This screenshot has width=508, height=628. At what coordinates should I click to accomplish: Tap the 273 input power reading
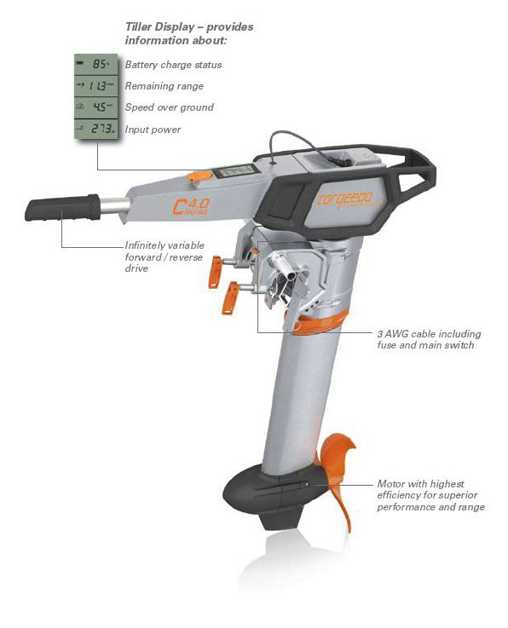[102, 129]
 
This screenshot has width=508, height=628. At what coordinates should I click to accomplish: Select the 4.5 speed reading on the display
[101, 107]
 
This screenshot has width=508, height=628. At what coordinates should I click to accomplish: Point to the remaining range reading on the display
[97, 86]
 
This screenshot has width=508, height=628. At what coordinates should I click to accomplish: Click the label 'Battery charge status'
[173, 65]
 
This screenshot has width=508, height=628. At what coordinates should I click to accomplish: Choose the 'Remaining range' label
[164, 86]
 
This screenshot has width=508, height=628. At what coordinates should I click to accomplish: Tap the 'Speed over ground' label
[169, 107]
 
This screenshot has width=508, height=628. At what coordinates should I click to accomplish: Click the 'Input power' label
[153, 130]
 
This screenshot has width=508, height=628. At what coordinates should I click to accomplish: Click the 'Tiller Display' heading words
[159, 26]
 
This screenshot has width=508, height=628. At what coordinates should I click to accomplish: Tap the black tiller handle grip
[62, 207]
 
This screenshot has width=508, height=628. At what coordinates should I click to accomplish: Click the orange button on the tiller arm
[199, 176]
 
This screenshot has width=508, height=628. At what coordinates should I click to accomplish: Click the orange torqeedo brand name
[344, 199]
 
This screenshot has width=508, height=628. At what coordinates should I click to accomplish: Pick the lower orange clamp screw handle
[230, 298]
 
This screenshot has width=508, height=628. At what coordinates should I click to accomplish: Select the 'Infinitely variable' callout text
[165, 245]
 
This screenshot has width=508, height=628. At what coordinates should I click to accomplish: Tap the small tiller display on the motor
[234, 171]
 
